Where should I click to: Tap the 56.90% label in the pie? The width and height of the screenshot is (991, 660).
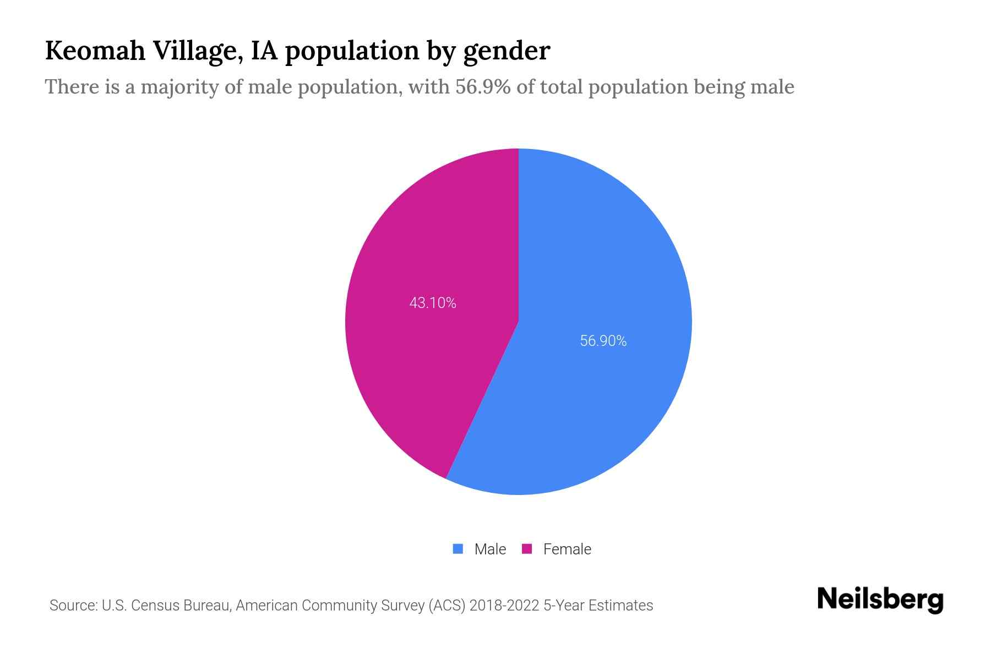603,341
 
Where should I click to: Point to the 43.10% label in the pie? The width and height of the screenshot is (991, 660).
433,303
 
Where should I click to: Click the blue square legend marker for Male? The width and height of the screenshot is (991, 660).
458,549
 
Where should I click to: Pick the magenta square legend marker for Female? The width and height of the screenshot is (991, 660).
527,549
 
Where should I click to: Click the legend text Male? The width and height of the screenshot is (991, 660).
490,549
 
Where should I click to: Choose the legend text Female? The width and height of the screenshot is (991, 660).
567,549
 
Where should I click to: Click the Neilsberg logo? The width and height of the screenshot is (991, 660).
880,599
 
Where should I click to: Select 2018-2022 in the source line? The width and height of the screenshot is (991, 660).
504,606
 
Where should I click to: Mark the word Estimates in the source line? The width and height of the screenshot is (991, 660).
620,606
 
